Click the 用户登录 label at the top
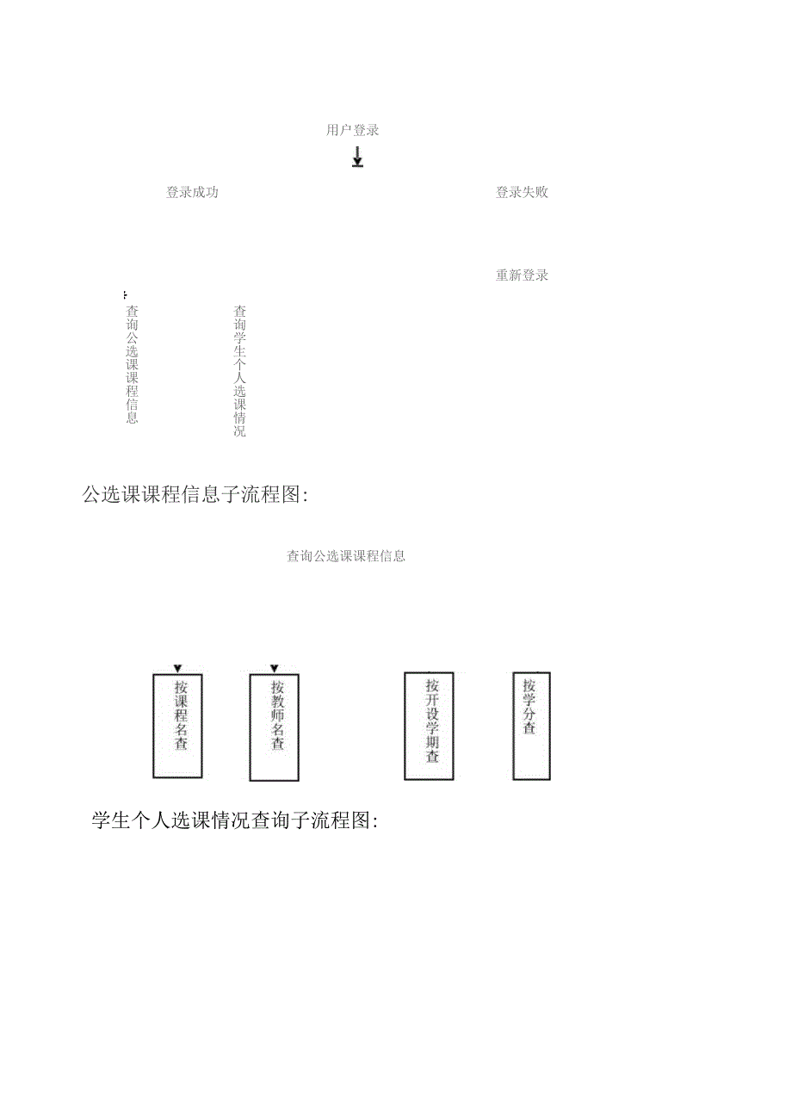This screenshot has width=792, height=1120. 353,131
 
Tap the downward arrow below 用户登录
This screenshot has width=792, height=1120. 357,157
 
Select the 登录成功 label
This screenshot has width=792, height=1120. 192,193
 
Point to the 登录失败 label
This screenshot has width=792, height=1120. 522,193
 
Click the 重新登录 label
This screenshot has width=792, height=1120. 522,276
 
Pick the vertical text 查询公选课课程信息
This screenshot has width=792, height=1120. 132,364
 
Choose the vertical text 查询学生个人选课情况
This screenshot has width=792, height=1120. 240,371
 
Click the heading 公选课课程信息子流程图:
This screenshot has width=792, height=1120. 195,495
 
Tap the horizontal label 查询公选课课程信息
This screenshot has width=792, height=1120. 346,556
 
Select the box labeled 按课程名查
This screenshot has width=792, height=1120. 178,726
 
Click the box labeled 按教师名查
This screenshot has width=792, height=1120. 275,727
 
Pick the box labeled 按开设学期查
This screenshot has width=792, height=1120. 429,726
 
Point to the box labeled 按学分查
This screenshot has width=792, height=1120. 531,726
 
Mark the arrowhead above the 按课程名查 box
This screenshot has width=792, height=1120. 177,668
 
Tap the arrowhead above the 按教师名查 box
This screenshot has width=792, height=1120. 275,668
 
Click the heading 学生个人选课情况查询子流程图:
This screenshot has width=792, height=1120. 235,821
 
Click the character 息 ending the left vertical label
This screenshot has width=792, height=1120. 132,418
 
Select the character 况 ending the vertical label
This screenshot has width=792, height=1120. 240,431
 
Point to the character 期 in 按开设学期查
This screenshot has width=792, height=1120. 432,740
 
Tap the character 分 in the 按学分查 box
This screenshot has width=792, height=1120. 529,713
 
